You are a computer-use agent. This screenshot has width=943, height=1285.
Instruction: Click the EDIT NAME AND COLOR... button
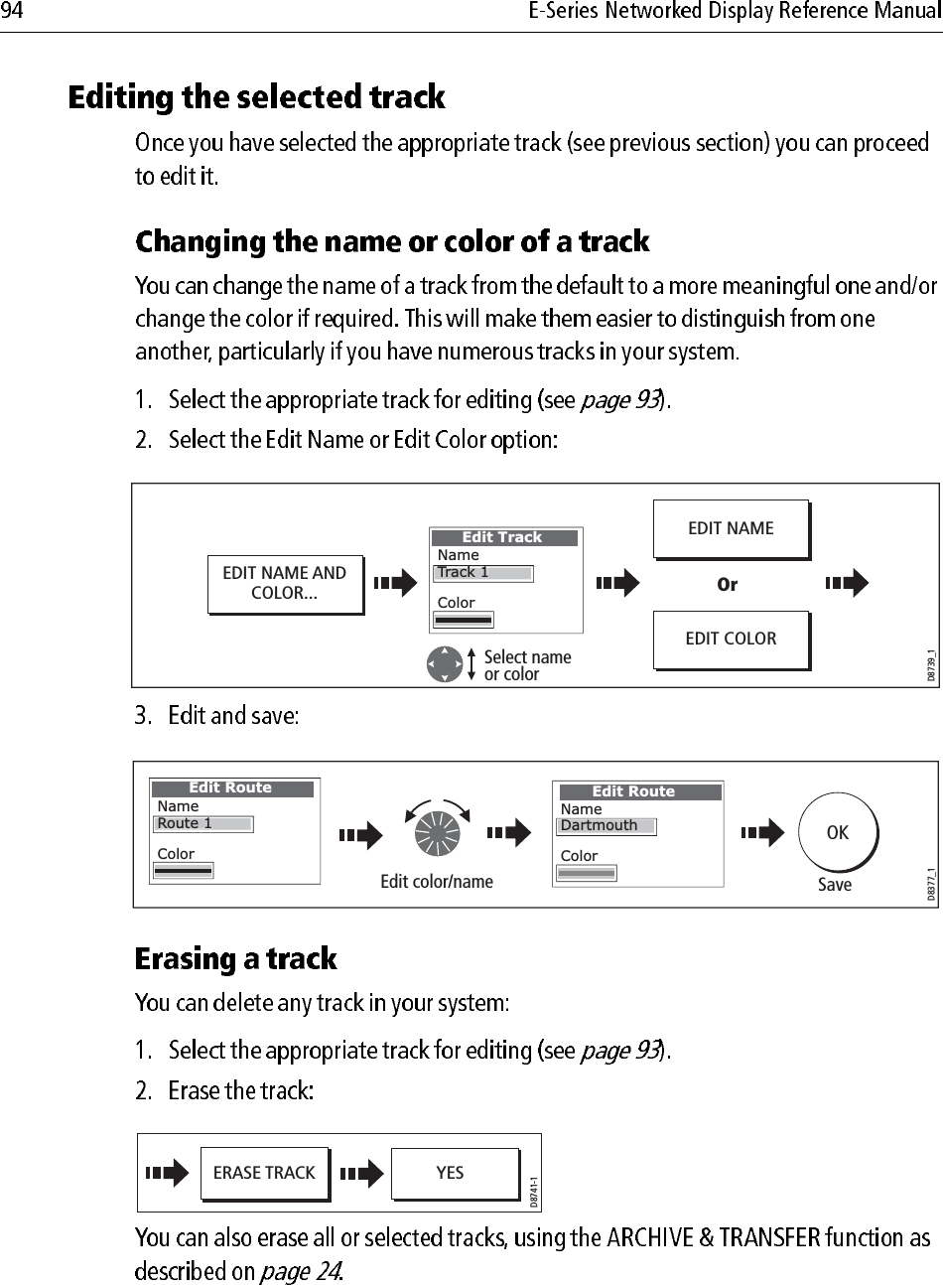tap(284, 584)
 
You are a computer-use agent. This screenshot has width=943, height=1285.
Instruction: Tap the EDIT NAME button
tap(731, 529)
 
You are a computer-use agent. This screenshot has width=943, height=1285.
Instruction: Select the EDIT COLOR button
tap(731, 640)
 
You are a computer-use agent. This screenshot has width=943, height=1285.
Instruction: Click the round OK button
tap(837, 833)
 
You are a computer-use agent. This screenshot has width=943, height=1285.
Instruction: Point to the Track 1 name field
tap(483, 573)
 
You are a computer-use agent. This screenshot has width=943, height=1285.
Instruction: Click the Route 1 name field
tap(203, 824)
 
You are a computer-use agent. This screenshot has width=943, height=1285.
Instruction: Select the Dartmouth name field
tap(606, 826)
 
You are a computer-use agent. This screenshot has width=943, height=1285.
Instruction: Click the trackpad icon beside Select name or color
tap(445, 664)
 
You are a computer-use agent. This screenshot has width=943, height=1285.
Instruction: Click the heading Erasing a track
tap(236, 960)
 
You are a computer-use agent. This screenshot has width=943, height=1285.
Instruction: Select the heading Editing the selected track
tap(256, 98)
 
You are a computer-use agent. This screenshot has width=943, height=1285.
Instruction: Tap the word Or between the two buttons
tap(728, 585)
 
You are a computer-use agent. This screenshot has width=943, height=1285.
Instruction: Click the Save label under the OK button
tap(834, 885)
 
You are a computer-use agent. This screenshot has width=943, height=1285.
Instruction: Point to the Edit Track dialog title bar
tap(503, 538)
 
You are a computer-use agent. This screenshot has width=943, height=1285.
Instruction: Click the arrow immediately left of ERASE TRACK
tap(166, 1174)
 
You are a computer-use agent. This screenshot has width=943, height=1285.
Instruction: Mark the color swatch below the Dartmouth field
tap(586, 874)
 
